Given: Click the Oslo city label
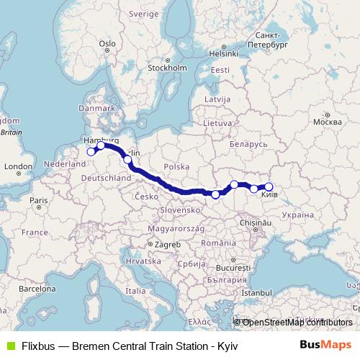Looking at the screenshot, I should point(108,44).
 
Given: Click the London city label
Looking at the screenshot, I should point(15,166).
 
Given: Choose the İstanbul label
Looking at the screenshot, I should point(257,293).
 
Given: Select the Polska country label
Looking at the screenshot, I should point(176,165).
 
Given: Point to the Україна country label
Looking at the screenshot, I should point(297,215).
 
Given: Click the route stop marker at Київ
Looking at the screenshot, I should point(269,187).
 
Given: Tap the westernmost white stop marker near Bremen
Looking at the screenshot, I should point(91,151).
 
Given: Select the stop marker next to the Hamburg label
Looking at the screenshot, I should point(102,146).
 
